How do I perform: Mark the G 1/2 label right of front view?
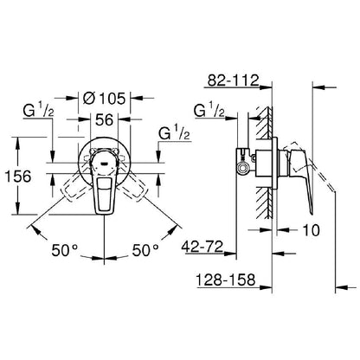(176, 134)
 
